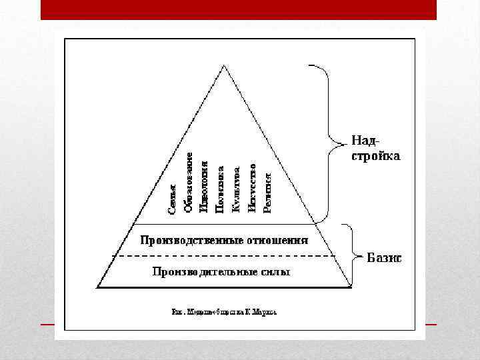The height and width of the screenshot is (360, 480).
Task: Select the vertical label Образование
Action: pos(189,183)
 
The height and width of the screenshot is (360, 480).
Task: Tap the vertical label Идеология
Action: pos(205,188)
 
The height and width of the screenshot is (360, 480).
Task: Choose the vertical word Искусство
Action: pos(252,189)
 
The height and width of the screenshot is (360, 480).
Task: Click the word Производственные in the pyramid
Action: pos(190,239)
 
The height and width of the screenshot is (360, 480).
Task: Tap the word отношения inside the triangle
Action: pos(277,239)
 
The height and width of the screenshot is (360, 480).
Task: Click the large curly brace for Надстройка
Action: pos(327,141)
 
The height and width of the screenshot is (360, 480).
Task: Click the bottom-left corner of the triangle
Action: pos(97,287)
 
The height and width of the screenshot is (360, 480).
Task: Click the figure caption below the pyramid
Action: pos(224,311)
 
